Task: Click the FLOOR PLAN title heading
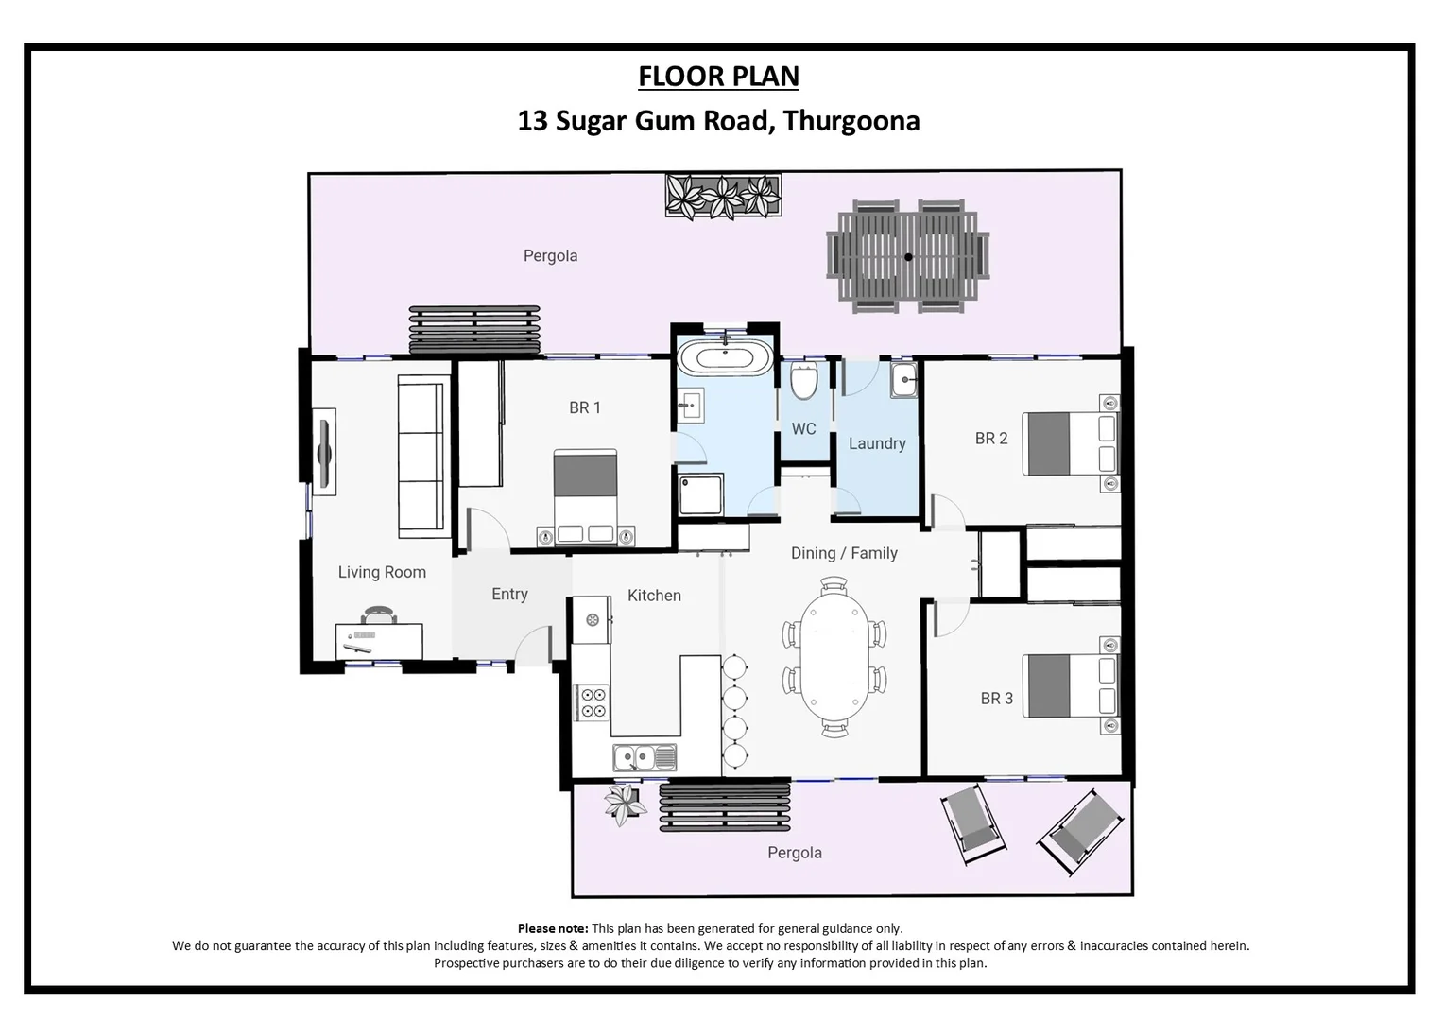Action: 718,76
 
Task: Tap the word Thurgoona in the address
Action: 851,121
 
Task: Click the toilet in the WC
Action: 804,382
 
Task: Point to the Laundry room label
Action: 876,443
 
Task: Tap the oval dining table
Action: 834,657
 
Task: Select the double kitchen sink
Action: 645,757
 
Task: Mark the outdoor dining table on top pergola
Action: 907,256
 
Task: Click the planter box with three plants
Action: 723,197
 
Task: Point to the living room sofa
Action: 421,456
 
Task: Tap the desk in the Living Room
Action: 379,641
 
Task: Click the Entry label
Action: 509,594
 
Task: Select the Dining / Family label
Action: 844,553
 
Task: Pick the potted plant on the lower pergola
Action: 624,804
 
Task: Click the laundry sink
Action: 903,381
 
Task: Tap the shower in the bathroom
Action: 700,494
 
